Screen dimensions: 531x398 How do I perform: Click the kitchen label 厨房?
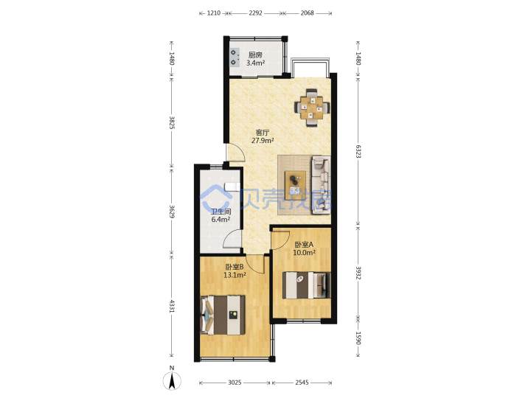click(255, 55)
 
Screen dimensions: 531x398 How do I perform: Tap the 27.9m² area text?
click(263, 140)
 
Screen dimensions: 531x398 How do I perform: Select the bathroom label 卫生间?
click(221, 212)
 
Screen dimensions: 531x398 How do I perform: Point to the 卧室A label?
click(304, 245)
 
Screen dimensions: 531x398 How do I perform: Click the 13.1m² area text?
click(235, 275)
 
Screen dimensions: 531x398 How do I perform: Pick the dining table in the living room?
click(312, 108)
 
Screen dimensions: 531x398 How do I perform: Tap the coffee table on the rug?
click(295, 184)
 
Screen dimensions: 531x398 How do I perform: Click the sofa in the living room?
click(321, 185)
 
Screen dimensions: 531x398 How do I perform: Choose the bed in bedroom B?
click(223, 315)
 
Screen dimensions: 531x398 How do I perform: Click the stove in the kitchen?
click(235, 57)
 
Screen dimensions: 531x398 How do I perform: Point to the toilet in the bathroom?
click(232, 186)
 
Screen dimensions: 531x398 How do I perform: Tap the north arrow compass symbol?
click(172, 381)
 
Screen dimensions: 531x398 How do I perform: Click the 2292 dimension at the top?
click(255, 13)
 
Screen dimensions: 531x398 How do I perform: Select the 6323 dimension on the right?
click(358, 151)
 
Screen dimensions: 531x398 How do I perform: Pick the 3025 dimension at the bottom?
click(235, 383)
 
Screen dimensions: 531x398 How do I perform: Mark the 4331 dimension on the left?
click(172, 306)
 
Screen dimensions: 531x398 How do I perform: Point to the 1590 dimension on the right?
click(358, 338)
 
